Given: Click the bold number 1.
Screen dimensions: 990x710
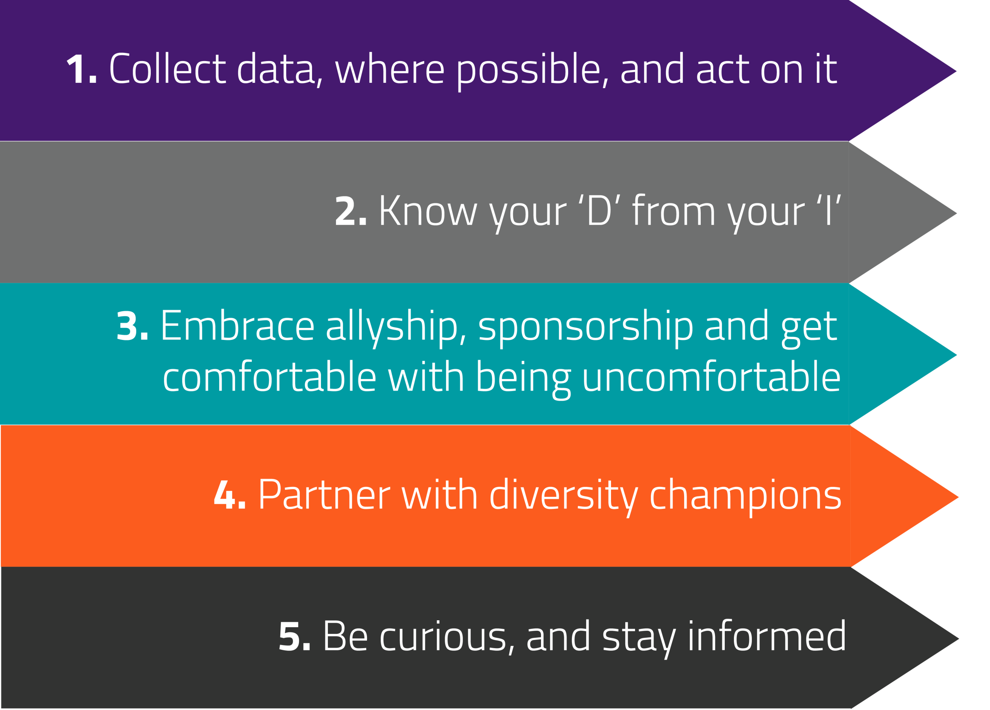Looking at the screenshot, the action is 81,68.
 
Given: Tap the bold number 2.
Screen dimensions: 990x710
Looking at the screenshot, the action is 350,211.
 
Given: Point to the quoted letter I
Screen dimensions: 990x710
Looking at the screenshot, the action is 828,210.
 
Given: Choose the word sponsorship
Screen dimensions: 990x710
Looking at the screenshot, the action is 586,329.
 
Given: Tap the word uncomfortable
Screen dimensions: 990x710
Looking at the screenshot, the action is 712,376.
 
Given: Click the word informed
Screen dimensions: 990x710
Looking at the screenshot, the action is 767,635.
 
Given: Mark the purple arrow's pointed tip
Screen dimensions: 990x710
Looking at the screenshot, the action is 956,71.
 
